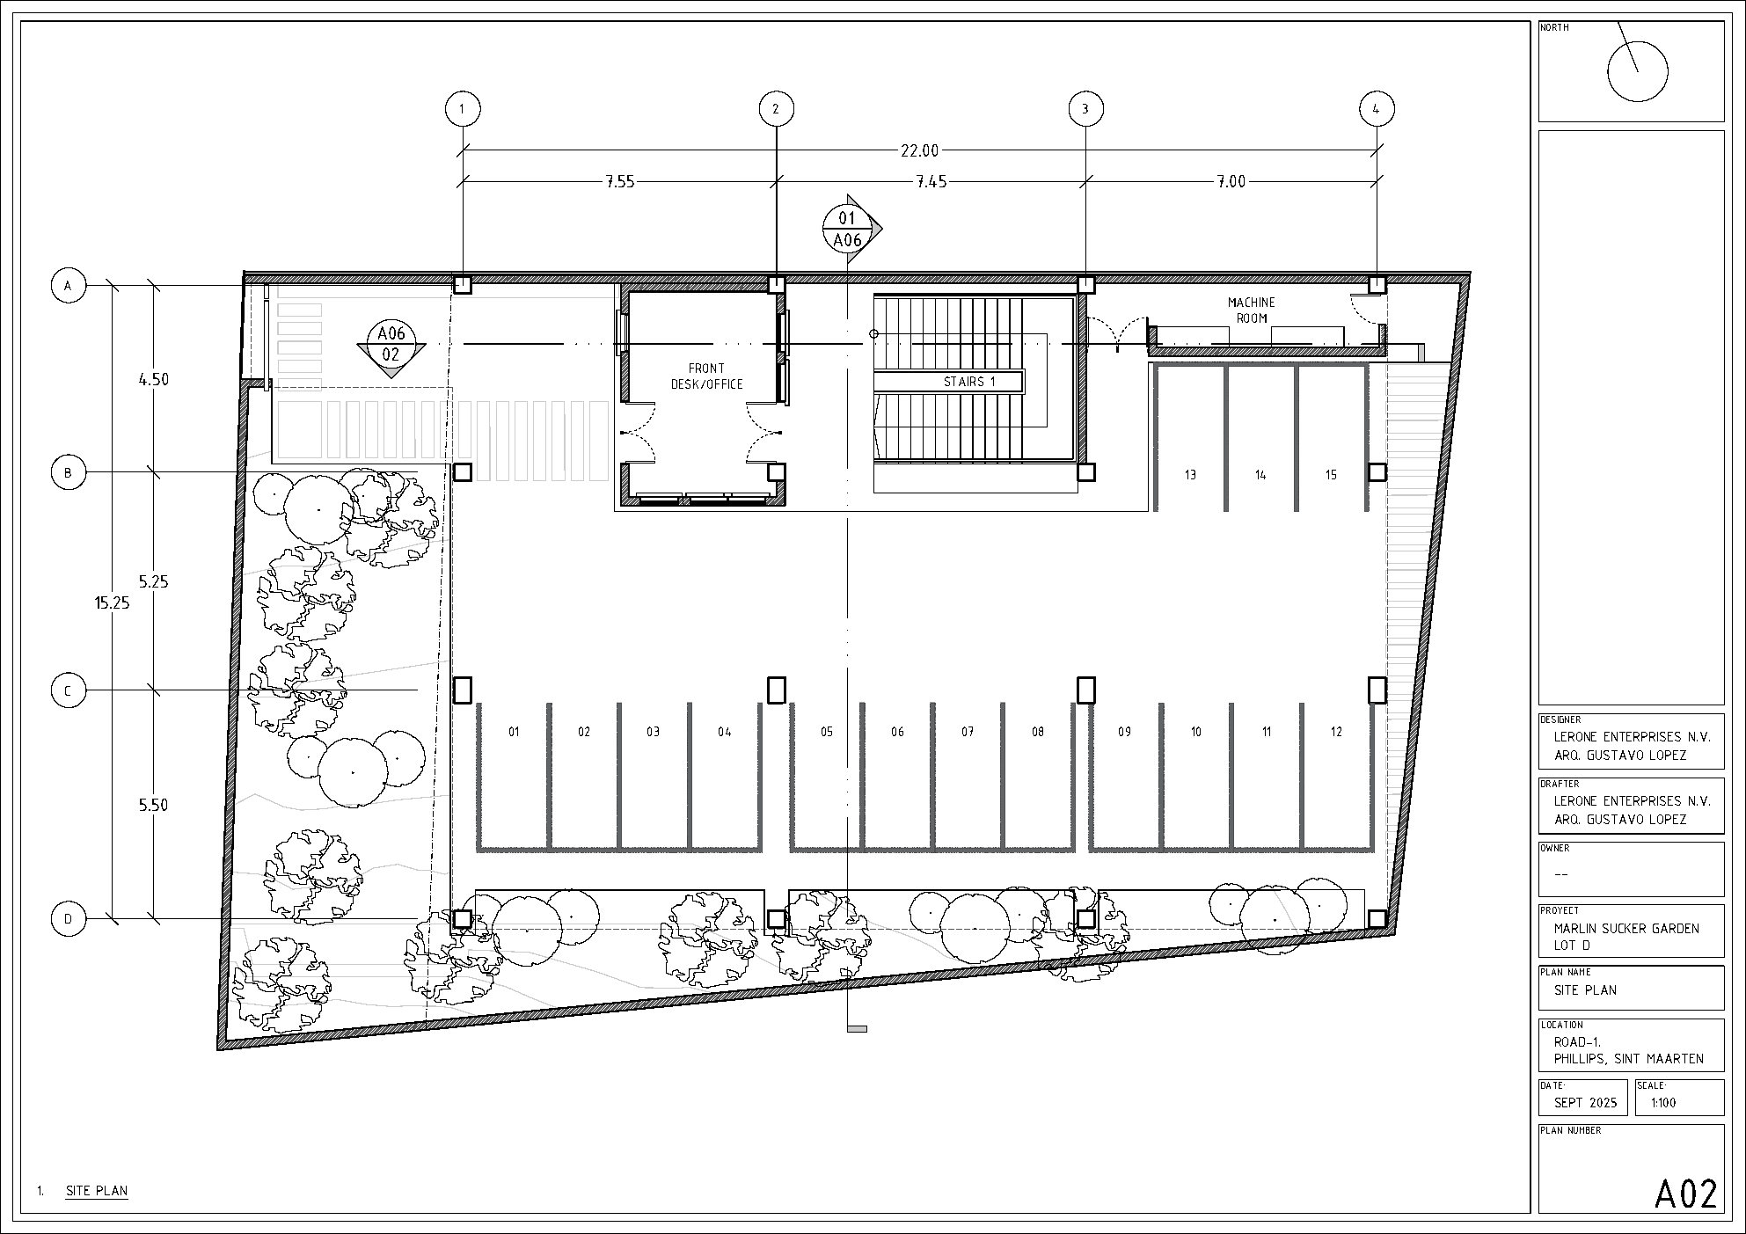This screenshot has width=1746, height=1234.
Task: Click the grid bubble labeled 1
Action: click(x=463, y=109)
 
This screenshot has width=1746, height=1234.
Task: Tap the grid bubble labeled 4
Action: click(x=1377, y=109)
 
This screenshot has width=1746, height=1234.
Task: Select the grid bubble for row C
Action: click(x=69, y=690)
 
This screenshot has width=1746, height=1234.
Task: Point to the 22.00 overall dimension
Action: click(x=919, y=150)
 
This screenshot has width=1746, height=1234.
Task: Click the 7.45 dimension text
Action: click(x=931, y=181)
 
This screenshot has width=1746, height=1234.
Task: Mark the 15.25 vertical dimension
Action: click(x=112, y=603)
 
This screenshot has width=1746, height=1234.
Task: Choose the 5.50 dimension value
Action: click(x=153, y=805)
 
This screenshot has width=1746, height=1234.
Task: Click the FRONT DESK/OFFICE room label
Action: click(x=707, y=376)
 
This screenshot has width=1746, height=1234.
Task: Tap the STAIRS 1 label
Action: click(x=969, y=382)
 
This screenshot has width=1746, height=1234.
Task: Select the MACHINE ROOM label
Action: click(x=1251, y=310)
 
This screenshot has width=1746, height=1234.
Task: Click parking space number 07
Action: click(x=968, y=732)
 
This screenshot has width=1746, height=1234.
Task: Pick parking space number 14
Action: click(x=1260, y=475)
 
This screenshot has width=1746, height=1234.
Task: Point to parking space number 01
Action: click(x=514, y=732)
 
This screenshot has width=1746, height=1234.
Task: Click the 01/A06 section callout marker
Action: click(x=847, y=228)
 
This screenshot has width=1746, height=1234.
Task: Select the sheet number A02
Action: click(x=1686, y=1194)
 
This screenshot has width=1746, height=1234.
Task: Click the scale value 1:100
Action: click(x=1663, y=1103)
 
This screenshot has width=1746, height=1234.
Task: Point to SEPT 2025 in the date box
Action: click(x=1585, y=1103)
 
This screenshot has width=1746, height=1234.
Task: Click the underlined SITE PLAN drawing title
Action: click(x=97, y=1192)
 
